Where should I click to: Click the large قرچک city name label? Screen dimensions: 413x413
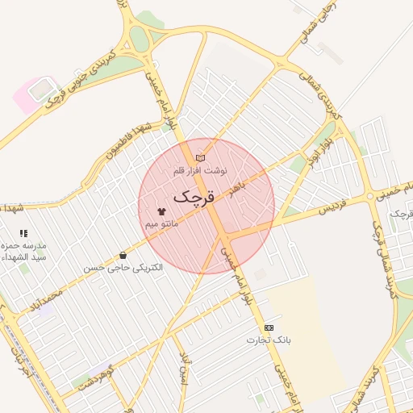coord(194,196)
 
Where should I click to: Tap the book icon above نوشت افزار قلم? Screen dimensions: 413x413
coord(201,157)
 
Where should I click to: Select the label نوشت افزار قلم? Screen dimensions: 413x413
coord(201,171)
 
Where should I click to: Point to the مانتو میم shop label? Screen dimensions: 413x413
coord(161,223)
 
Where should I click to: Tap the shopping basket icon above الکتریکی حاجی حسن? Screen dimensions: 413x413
coord(123,255)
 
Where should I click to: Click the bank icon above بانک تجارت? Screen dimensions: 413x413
coord(269,327)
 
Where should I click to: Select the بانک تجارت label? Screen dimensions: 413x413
coord(269,340)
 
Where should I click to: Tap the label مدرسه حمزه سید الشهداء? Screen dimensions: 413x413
coord(29,250)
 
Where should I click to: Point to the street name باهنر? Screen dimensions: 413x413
coord(244,190)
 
